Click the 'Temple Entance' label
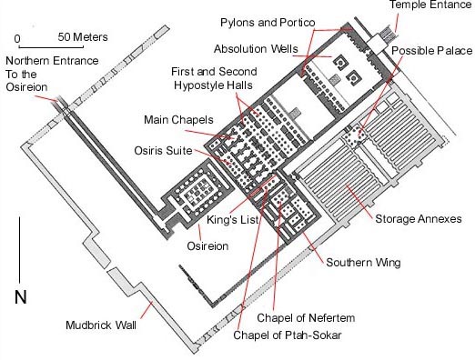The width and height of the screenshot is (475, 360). point(430,5)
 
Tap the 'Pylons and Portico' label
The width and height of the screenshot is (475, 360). point(268,23)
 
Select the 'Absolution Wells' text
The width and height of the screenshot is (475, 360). point(256,49)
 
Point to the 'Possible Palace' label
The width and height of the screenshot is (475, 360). point(432,50)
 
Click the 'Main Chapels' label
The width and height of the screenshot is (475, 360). point(178,120)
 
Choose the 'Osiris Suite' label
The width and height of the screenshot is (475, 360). point(163,150)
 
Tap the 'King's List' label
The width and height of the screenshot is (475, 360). point(233,220)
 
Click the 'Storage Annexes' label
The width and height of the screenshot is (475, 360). point(419,219)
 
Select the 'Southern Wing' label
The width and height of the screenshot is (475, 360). point(363,263)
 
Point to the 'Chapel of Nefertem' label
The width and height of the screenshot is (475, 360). point(306,318)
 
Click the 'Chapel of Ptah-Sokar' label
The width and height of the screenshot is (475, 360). point(288,335)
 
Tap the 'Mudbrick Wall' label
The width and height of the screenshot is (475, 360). point(101,325)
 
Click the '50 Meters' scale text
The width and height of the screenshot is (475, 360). point(83,37)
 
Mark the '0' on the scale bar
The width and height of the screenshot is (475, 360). point(17,39)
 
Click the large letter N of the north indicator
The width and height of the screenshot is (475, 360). point(21,297)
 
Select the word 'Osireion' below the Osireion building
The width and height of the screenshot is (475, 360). point(207,245)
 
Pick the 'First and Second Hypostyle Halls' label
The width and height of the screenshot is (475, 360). point(214,78)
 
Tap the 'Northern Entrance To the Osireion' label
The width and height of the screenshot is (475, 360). point(52,74)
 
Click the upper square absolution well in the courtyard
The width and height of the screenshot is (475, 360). point(340,63)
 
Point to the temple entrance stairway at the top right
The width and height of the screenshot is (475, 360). point(389,34)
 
